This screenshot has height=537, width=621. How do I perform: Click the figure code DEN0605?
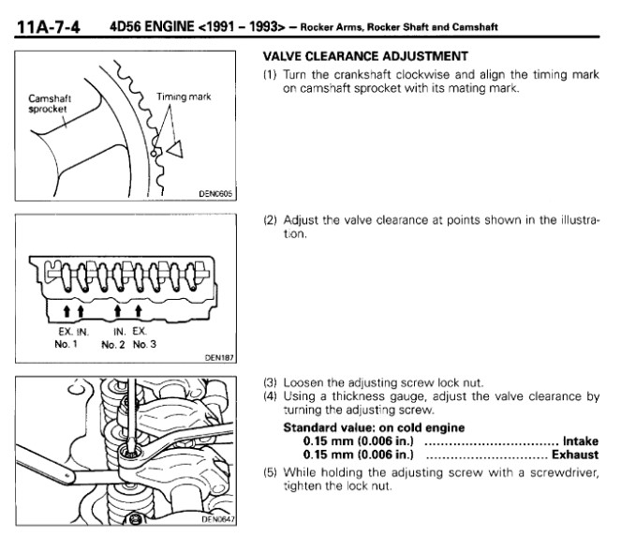214,193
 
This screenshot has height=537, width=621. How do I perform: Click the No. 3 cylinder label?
142,342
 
